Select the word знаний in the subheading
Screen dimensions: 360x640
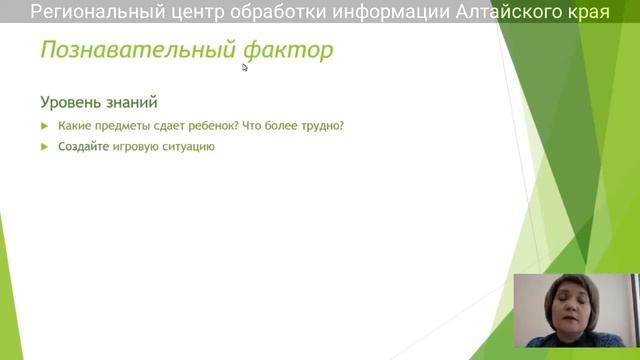[132, 102]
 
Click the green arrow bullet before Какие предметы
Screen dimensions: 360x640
[45, 126]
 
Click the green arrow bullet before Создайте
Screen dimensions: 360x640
[45, 146]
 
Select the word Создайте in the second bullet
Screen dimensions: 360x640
[84, 146]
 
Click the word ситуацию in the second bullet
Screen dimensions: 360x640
[190, 146]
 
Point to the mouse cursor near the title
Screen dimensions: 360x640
[245, 68]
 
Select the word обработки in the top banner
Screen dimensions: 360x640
[280, 12]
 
